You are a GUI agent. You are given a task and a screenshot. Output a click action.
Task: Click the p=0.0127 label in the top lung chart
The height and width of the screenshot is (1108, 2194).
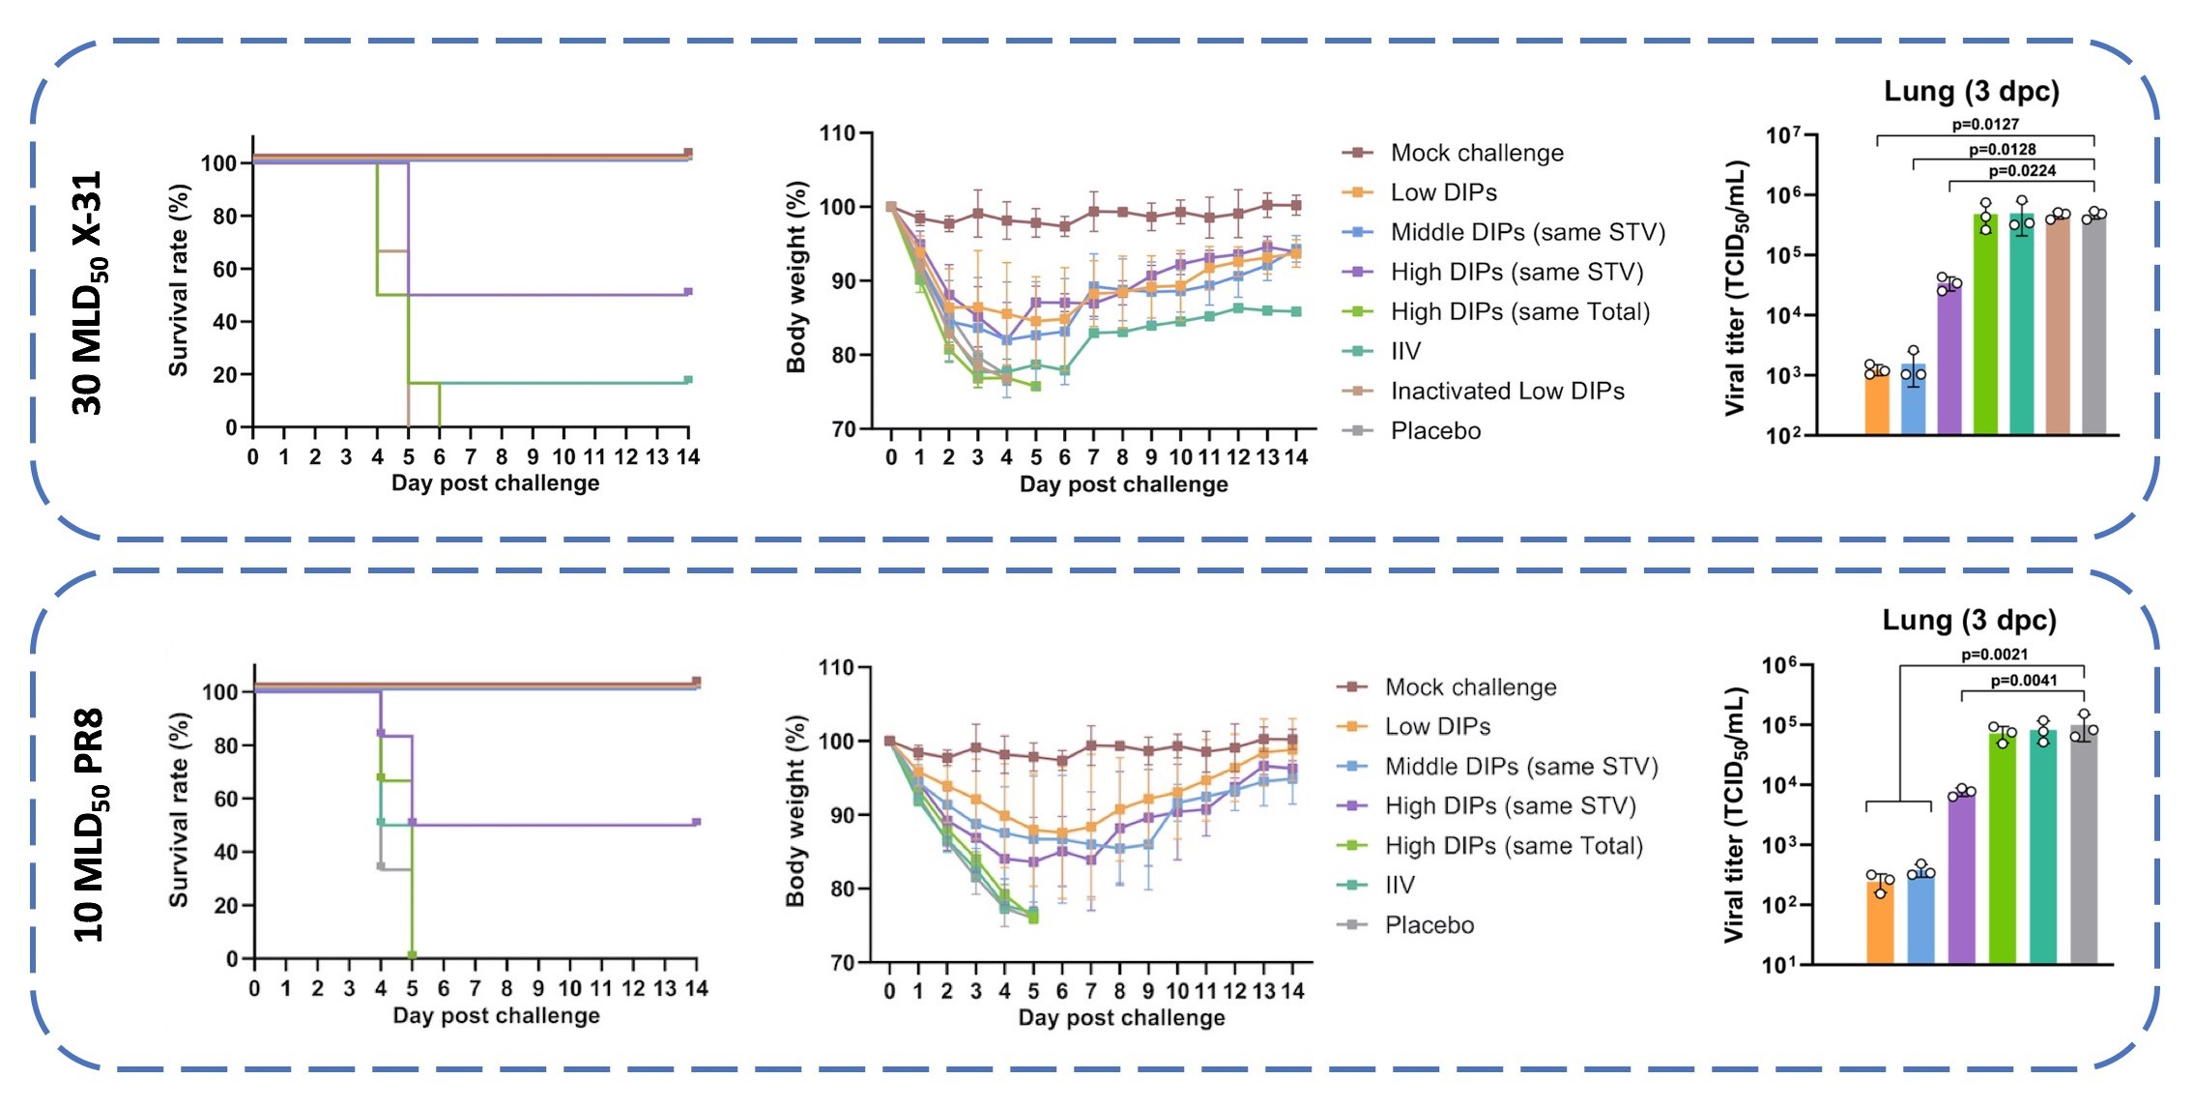1985,124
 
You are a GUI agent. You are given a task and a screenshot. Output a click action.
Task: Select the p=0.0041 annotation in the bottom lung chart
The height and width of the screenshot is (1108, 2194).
2024,681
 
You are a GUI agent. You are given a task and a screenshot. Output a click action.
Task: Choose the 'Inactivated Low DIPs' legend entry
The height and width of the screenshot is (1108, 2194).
1507,391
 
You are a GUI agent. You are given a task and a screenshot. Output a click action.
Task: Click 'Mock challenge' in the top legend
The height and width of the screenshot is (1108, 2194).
1476,153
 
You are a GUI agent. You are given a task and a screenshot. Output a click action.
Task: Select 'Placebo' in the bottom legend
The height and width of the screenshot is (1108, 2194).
1429,925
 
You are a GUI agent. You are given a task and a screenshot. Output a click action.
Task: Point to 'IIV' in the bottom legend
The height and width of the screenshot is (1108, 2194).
1400,885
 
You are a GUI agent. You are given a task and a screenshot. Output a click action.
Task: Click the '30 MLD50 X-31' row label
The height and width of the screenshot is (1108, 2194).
88,293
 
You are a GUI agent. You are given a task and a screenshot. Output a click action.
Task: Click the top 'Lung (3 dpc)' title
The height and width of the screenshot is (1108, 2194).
1971,92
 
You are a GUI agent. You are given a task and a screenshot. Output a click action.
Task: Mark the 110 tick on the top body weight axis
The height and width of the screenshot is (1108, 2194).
838,133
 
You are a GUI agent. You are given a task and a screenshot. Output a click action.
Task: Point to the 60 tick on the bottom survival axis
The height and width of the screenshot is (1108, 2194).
226,799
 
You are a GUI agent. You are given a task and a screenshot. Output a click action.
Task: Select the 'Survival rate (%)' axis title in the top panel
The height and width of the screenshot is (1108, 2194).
179,280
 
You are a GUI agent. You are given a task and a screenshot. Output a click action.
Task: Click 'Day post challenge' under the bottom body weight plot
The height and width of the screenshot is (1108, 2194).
1121,1017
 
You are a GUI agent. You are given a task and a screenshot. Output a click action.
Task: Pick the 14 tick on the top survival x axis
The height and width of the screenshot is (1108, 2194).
687,456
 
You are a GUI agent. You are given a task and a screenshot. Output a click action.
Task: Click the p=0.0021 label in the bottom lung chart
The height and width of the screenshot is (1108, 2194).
1994,655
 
